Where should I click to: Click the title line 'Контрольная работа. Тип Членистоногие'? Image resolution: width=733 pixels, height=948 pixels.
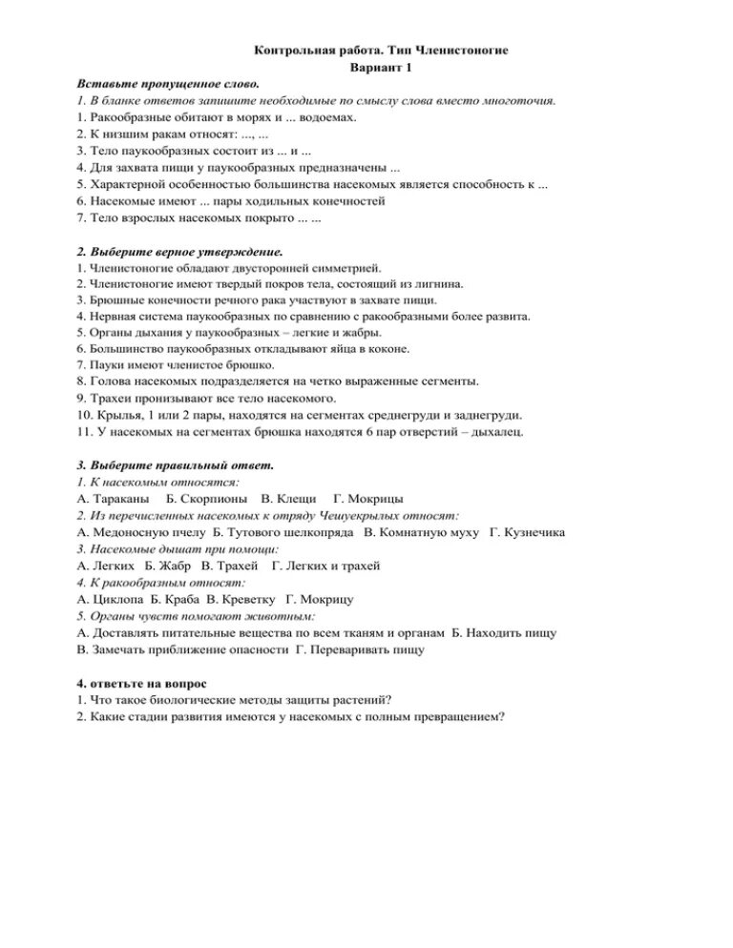pyautogui.click(x=380, y=50)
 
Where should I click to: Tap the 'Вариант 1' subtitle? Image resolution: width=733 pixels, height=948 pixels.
pyautogui.click(x=380, y=67)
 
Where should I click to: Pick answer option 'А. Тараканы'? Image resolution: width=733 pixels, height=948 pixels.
pyautogui.click(x=115, y=499)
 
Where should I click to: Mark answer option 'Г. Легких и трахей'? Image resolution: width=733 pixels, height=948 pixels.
pyautogui.click(x=326, y=566)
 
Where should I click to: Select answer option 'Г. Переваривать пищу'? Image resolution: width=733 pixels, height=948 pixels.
pyautogui.click(x=361, y=649)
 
